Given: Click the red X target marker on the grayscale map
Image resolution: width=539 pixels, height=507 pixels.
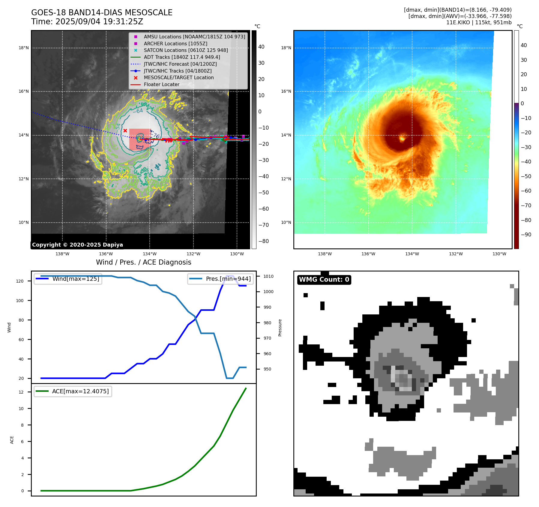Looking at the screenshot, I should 125,130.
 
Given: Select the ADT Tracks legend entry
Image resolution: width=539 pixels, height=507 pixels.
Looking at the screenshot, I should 182,57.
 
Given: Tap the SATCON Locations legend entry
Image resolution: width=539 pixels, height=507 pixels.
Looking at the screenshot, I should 186,50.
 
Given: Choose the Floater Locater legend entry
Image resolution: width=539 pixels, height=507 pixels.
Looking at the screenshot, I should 161,84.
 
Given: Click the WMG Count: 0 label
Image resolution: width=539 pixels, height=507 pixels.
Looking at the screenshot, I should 324,280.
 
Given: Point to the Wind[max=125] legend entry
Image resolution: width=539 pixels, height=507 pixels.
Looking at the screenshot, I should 76,279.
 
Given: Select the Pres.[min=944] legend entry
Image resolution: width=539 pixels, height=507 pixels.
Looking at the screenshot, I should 228,279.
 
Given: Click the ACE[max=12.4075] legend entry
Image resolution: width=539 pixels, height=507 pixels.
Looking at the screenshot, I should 80,391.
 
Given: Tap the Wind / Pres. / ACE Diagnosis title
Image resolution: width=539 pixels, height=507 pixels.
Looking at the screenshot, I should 143,262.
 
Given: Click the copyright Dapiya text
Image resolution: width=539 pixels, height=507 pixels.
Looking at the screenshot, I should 77,245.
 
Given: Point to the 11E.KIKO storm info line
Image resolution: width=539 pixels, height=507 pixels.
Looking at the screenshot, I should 479,22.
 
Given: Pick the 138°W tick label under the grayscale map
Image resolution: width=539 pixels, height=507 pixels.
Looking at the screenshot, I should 62,254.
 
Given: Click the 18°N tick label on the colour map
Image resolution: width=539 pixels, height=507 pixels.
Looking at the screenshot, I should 286,48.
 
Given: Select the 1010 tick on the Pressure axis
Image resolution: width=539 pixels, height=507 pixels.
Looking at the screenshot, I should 268,276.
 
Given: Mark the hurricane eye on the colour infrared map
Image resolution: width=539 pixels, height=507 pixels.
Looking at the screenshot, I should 402,139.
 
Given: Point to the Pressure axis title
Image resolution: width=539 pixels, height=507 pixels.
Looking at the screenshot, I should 280,328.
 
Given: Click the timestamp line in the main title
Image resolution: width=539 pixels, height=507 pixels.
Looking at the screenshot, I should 87,22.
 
